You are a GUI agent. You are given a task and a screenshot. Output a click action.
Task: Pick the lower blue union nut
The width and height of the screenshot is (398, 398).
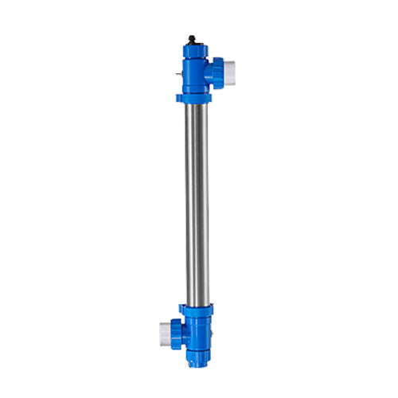point(176,330)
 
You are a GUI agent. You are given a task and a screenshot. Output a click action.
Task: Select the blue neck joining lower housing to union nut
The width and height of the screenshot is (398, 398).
point(185,330)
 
